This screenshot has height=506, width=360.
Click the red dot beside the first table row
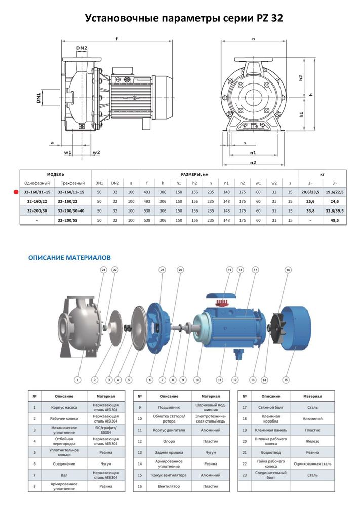click(x=15, y=192)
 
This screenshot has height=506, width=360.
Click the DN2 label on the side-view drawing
click(x=82, y=48)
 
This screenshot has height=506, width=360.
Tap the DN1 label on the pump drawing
click(x=38, y=97)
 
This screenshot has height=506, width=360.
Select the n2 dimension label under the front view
click(x=253, y=162)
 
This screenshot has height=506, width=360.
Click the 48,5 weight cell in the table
click(x=333, y=220)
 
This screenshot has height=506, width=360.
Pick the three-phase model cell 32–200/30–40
click(x=71, y=211)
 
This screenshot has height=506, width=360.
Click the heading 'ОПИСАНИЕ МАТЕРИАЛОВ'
click(x=69, y=258)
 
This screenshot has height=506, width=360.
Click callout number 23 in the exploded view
click(x=103, y=271)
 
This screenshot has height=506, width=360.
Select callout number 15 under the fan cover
click(x=286, y=379)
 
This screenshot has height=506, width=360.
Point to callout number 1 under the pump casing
click(x=77, y=379)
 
